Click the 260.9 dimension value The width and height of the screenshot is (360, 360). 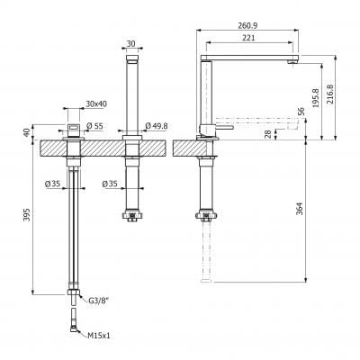point(247,25)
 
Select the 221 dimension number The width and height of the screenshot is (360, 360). point(248,38)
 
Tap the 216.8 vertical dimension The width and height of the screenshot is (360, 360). point(329,94)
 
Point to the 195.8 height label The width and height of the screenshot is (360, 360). point(316,98)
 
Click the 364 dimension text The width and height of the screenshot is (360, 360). point(300,209)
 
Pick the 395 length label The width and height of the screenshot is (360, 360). point(27,215)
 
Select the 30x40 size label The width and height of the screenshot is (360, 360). point(96,104)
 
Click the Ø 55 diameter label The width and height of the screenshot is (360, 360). point(94,126)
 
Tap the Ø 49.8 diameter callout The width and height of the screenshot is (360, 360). point(157,126)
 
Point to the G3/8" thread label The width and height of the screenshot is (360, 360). point(98,300)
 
